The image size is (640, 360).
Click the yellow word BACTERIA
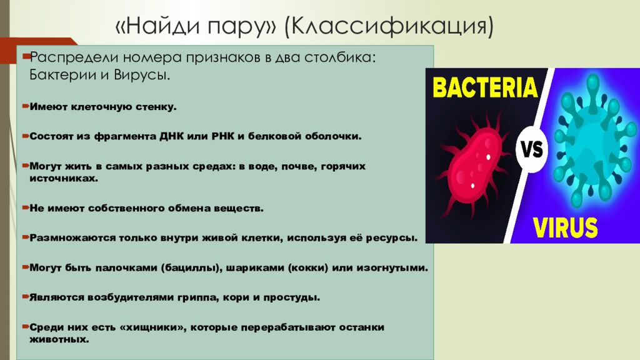(485, 87)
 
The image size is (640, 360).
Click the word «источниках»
(64, 178)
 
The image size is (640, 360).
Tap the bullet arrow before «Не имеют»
(26, 207)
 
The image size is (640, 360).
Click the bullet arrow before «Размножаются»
(26, 237)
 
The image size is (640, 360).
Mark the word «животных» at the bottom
(59, 340)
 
